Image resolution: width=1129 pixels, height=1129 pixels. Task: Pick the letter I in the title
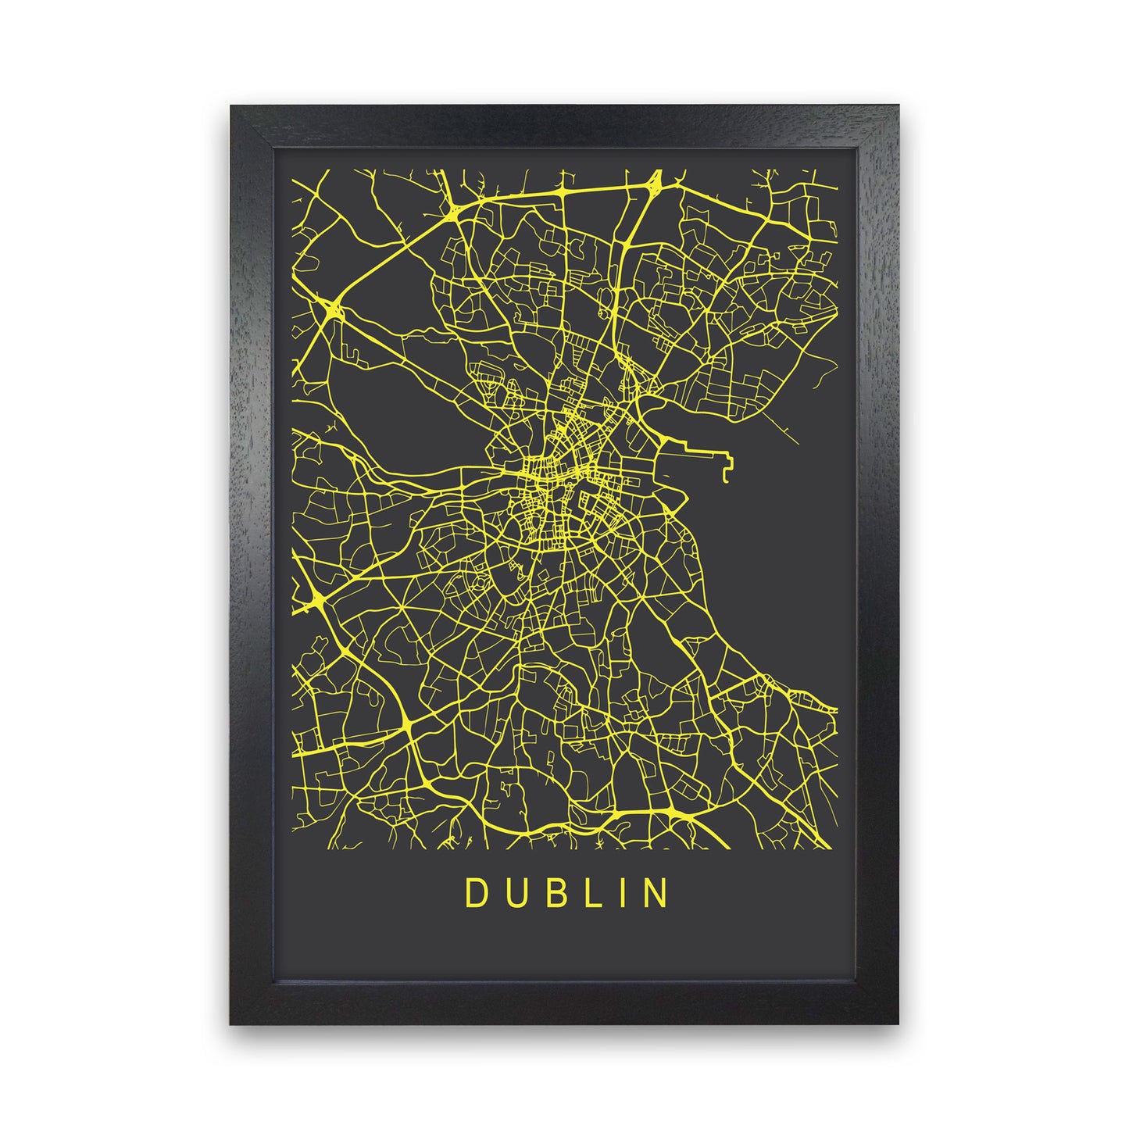pyautogui.click(x=620, y=894)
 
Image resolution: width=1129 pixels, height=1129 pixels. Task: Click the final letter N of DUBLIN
pyautogui.click(x=656, y=894)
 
